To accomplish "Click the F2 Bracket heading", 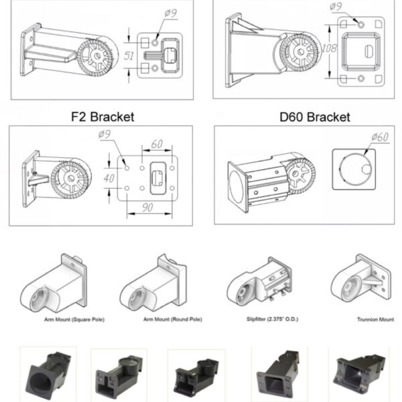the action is pyautogui.click(x=103, y=117).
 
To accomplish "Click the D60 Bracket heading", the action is pyautogui.click(x=315, y=117).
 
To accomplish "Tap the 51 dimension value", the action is pyautogui.click(x=129, y=56).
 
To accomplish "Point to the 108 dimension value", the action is pyautogui.click(x=329, y=48).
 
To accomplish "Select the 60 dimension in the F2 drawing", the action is pyautogui.click(x=157, y=144).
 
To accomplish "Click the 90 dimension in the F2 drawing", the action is pyautogui.click(x=147, y=208).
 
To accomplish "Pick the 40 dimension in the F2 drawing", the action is pyautogui.click(x=109, y=178).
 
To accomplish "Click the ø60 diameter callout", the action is pyautogui.click(x=380, y=137).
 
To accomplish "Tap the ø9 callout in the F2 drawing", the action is pyautogui.click(x=105, y=134).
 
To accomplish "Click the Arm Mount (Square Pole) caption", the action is pyautogui.click(x=74, y=320).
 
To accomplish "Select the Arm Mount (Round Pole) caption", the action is pyautogui.click(x=173, y=320).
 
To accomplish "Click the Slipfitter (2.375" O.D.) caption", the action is pyautogui.click(x=272, y=319).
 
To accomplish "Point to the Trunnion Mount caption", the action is pyautogui.click(x=375, y=320).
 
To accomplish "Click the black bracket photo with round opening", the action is pyautogui.click(x=48, y=375).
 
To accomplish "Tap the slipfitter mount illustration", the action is pyautogui.click(x=259, y=281).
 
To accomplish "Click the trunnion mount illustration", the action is pyautogui.click(x=361, y=279).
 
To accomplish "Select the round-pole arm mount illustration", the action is pyautogui.click(x=153, y=283).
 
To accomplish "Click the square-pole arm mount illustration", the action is pyautogui.click(x=54, y=283).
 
